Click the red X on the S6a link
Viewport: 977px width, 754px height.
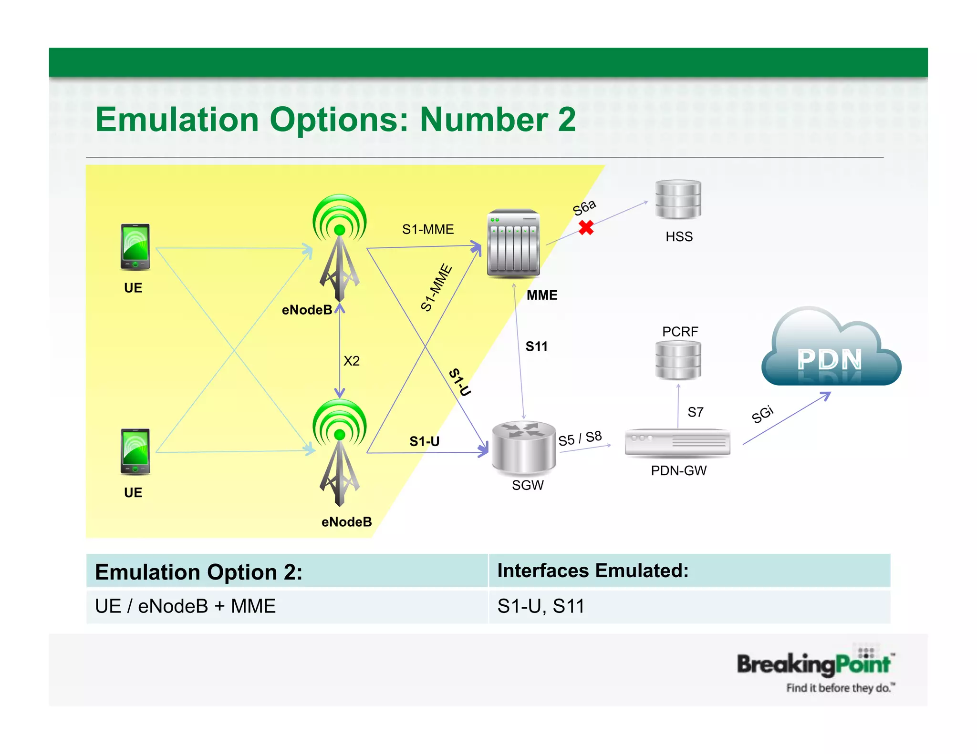click(x=586, y=227)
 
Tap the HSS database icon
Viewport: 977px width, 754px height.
click(x=678, y=199)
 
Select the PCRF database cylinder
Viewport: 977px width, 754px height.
click(x=678, y=360)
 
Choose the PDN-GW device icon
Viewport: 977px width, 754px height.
click(x=677, y=443)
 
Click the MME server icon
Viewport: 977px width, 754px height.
click(x=513, y=243)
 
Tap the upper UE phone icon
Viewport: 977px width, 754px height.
click(x=135, y=246)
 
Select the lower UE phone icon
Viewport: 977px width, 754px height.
click(x=135, y=451)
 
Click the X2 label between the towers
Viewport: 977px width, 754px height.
click(x=352, y=361)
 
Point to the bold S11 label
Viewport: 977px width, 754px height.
click(x=536, y=346)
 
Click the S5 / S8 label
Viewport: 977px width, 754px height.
click(x=580, y=438)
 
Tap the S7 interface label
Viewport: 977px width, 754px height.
click(x=695, y=412)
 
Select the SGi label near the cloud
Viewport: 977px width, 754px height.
click(x=762, y=414)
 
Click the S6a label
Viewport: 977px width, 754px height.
click(x=584, y=207)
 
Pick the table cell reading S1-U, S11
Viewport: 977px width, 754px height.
click(x=541, y=606)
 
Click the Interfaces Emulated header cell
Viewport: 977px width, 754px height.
click(x=593, y=571)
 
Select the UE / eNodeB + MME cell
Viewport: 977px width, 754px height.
click(x=186, y=606)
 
